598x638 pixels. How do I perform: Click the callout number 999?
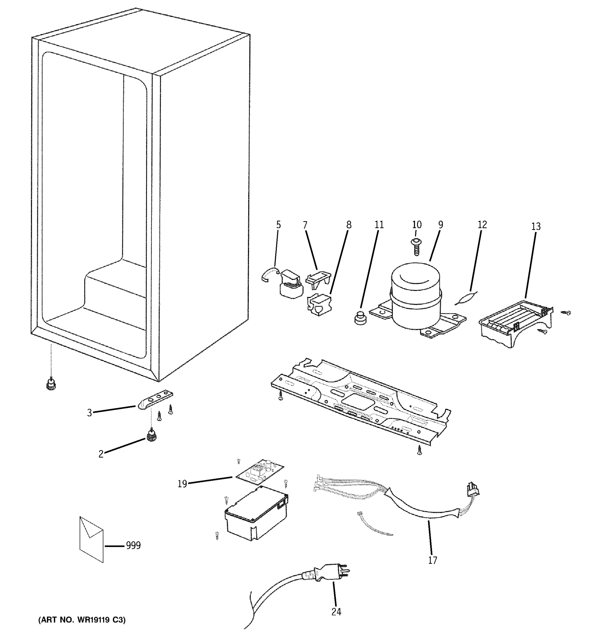tap(133, 545)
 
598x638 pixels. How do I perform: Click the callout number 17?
tap(432, 560)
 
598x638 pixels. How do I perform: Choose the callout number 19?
tap(182, 484)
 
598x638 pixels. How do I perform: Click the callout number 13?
tap(536, 226)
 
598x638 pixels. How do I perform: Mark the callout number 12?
tap(482, 225)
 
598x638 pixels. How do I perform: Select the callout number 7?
tap(305, 225)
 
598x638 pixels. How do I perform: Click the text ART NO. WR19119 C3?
tap(82, 620)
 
